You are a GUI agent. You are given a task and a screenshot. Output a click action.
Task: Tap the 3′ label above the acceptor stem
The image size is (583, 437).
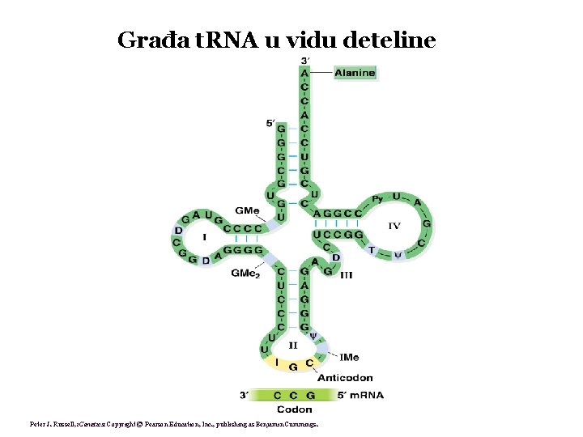pos(304,62)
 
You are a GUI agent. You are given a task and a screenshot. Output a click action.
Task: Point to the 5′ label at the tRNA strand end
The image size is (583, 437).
pos(270,123)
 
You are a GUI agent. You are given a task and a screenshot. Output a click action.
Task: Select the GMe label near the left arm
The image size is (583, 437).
pos(246,210)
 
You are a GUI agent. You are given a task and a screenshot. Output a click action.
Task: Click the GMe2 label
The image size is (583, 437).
pos(245,274)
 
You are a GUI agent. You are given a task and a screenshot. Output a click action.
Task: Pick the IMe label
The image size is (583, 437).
pos(350,357)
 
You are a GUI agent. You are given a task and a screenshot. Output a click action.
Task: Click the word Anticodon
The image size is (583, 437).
pos(345,378)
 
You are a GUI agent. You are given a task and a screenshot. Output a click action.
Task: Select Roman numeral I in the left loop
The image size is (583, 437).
pos(204,238)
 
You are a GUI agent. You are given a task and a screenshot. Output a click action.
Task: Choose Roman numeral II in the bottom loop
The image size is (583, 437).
pos(293,346)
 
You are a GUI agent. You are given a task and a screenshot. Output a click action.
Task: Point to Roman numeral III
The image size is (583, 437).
pos(346,275)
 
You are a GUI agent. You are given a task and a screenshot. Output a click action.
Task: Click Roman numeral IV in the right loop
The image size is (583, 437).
pos(394,225)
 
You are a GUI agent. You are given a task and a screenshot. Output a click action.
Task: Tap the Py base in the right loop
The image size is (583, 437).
pos(377,199)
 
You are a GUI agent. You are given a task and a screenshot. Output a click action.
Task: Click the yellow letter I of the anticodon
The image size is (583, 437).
pos(277,362)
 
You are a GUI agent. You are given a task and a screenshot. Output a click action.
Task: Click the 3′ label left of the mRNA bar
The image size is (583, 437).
pos(245,395)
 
